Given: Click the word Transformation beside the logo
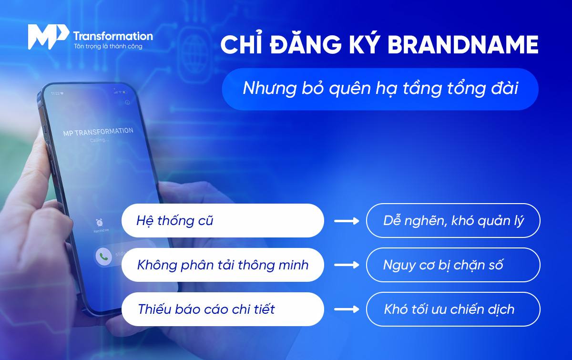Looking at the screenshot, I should pos(113,36).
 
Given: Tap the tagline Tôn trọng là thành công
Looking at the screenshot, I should pos(108,47).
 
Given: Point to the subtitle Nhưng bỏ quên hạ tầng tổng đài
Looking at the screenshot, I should pos(380,89).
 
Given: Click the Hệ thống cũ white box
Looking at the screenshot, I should pos(223,221).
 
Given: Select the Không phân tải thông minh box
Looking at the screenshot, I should pos(223,265).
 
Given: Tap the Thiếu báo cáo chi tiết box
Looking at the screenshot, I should pos(223,309).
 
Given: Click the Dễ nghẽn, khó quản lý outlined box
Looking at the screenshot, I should pos(453,221).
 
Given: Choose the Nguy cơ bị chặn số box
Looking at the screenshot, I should pos(453,265).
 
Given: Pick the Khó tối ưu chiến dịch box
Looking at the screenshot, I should pos(453,309).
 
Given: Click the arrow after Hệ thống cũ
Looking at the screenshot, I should pos(346,221).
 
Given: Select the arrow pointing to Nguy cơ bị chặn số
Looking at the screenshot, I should pos(346,265).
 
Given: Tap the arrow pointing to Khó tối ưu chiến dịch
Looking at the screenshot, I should pos(346,309).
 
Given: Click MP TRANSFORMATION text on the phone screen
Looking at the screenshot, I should pos(98,132).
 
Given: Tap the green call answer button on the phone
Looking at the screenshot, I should pos(102,257).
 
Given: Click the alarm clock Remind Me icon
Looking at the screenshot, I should pos(100,222).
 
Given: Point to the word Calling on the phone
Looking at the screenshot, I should pos(99,141).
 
